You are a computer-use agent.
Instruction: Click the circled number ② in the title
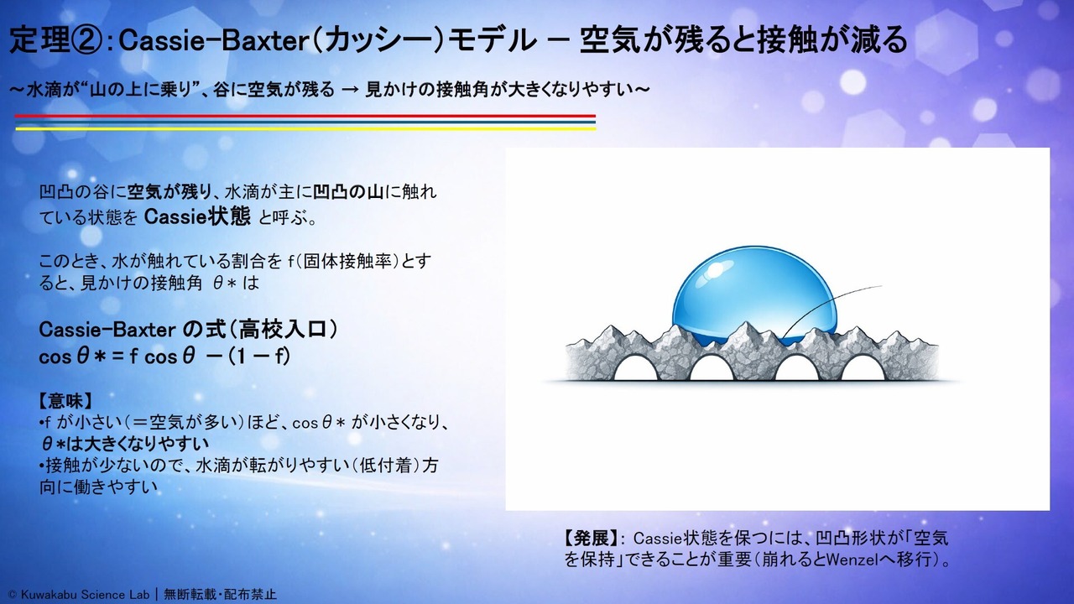(86, 40)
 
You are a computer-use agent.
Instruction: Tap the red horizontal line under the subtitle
(305, 116)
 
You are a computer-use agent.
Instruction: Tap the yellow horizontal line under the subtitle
(305, 128)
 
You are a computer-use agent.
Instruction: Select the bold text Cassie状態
(197, 216)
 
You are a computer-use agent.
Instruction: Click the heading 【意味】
(65, 401)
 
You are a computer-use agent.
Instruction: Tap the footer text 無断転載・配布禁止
(220, 595)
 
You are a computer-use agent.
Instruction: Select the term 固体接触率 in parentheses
(348, 261)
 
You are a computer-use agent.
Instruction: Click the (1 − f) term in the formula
(259, 357)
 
